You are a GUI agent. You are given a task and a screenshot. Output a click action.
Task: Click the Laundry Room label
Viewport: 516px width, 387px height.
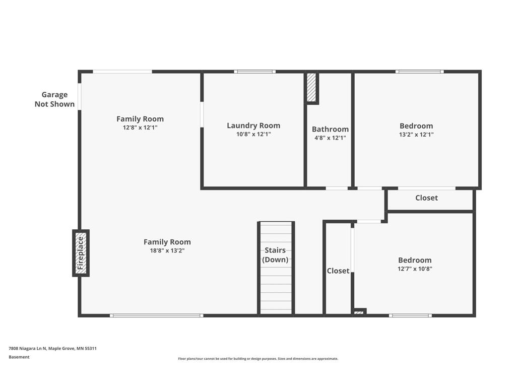point(253,125)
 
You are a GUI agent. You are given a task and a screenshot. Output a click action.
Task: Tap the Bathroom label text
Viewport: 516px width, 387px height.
point(330,129)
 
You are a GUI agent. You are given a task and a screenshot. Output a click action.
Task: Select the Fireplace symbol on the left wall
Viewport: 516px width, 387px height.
point(81,253)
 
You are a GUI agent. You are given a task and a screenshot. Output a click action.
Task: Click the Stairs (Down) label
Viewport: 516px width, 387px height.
point(275,254)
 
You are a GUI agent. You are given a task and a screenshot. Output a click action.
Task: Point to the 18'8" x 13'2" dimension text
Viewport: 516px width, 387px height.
point(167,250)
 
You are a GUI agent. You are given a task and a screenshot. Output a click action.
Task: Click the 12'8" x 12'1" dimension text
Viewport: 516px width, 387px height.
point(140,127)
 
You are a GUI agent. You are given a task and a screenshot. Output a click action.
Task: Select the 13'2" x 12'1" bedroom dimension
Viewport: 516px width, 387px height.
point(416,134)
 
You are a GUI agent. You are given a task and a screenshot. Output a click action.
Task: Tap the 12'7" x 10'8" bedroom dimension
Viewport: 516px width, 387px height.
point(415,269)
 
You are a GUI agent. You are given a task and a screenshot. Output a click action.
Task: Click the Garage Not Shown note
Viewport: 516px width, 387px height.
point(54,99)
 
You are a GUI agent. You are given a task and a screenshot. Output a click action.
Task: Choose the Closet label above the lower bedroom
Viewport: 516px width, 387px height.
point(426,198)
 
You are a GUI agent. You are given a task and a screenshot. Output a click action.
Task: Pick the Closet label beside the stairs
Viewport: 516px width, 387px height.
point(338,271)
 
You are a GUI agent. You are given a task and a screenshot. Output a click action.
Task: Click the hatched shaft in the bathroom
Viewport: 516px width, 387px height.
point(311,88)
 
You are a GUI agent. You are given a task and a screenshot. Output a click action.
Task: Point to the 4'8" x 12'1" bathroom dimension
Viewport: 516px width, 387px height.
point(330,138)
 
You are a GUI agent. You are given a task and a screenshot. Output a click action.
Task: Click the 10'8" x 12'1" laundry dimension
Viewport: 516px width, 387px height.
point(253,134)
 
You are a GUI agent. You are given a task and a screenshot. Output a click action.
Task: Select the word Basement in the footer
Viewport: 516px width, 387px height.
point(19,357)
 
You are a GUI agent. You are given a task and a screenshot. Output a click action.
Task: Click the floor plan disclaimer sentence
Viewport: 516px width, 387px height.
point(258,359)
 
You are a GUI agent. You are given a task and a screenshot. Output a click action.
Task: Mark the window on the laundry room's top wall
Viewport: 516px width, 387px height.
point(255,72)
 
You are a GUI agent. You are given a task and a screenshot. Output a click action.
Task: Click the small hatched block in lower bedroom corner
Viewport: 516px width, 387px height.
point(359,312)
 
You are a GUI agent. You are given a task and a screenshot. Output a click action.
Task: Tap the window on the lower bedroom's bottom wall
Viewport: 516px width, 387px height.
point(410,315)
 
